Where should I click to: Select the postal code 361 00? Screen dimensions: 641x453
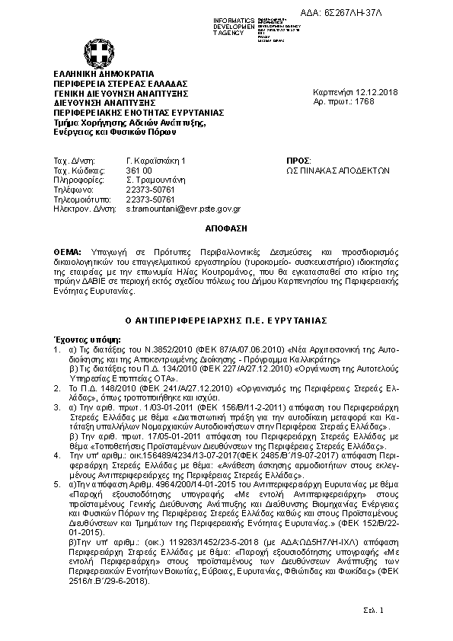point(140,171)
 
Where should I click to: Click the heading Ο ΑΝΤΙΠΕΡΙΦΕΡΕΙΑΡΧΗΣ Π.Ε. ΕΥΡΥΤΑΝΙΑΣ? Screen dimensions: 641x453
point(227,320)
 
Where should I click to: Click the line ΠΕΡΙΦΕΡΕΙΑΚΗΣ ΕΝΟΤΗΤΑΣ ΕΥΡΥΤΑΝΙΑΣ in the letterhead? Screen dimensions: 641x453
point(126,110)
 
